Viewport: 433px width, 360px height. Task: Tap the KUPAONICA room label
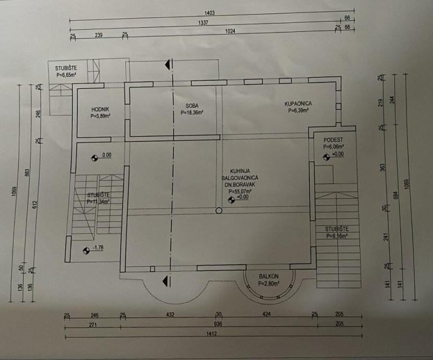[x=297, y=103]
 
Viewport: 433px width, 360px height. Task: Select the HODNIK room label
[x=100, y=109]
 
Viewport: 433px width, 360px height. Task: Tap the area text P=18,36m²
[x=191, y=112]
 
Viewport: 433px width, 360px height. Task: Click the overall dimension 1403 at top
[x=210, y=12]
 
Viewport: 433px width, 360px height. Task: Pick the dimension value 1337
[x=203, y=23]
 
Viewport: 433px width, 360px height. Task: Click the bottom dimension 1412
[x=211, y=333]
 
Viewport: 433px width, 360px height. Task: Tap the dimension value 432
[x=170, y=315]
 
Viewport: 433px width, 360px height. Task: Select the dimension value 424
[x=267, y=315]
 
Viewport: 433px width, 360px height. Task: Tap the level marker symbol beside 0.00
[x=94, y=156]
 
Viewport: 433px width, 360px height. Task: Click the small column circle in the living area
[x=219, y=210]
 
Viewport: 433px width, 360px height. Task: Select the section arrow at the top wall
[x=167, y=65]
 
